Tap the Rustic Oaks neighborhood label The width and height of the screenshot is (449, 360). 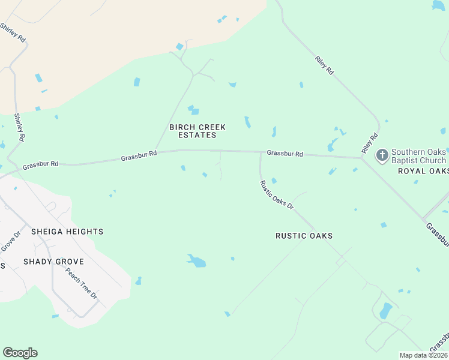click(x=304, y=236)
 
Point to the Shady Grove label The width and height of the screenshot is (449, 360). click(x=53, y=262)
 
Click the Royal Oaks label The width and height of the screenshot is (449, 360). click(x=423, y=171)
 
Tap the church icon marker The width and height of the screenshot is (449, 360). click(x=382, y=156)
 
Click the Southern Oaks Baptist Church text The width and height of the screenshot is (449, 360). click(x=419, y=156)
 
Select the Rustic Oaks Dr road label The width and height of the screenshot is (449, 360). click(x=277, y=195)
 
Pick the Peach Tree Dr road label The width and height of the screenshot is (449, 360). click(x=81, y=284)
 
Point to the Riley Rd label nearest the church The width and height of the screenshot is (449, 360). click(x=369, y=143)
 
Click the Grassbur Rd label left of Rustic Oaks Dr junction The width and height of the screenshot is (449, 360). click(x=139, y=155)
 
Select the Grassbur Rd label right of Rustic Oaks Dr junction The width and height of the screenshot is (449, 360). click(x=285, y=154)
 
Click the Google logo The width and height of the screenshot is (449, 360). click(x=20, y=353)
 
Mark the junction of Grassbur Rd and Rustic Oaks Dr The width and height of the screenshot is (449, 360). click(x=261, y=152)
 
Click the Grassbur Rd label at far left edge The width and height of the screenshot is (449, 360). click(x=40, y=164)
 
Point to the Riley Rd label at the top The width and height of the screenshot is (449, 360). click(x=324, y=65)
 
